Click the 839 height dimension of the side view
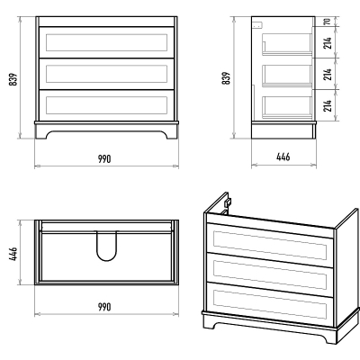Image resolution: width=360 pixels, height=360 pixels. pyautogui.click(x=227, y=78)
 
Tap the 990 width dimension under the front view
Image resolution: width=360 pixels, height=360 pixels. pyautogui.click(x=104, y=158)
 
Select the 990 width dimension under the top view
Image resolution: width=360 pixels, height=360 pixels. pyautogui.click(x=104, y=307)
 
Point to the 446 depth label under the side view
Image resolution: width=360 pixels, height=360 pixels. pyautogui.click(x=283, y=157)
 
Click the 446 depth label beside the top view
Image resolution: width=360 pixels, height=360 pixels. pyautogui.click(x=13, y=254)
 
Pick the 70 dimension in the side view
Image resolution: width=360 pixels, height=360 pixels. pyautogui.click(x=328, y=22)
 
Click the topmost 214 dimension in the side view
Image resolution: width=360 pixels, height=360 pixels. pyautogui.click(x=328, y=42)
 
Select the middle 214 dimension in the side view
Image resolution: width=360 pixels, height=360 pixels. pyautogui.click(x=328, y=74)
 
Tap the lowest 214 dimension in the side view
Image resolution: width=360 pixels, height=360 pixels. pyautogui.click(x=328, y=105)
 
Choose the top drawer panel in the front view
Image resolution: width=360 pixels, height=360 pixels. pyautogui.click(x=106, y=42)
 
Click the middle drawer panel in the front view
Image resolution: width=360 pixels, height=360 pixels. pyautogui.click(x=106, y=74)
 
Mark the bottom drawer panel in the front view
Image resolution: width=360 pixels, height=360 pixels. pyautogui.click(x=106, y=105)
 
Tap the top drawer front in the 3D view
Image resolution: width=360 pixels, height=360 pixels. pyautogui.click(x=270, y=245)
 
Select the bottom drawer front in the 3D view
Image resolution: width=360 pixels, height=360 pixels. pyautogui.click(x=270, y=304)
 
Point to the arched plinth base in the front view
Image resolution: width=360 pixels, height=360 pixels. pyautogui.click(x=106, y=130)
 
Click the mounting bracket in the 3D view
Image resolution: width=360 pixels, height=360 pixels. pyautogui.click(x=228, y=202)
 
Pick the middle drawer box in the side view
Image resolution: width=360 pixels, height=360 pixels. pyautogui.click(x=287, y=76)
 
